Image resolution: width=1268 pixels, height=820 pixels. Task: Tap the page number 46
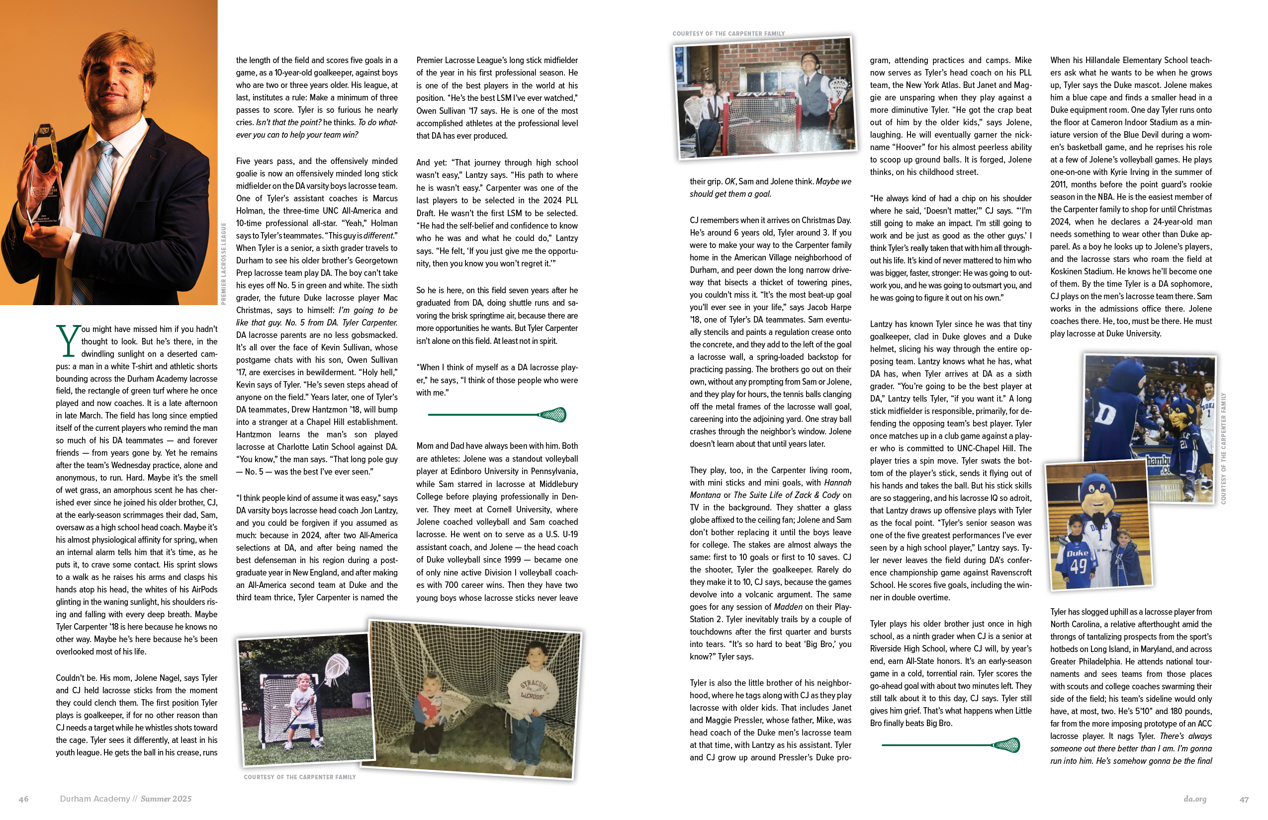click(23, 799)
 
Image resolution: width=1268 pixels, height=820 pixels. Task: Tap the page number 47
click(1244, 799)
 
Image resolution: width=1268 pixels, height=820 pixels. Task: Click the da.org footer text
click(1195, 799)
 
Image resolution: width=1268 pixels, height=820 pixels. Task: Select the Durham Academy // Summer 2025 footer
click(126, 799)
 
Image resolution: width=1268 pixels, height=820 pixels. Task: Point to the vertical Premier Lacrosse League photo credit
click(224, 263)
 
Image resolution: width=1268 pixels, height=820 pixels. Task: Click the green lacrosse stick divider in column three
click(497, 414)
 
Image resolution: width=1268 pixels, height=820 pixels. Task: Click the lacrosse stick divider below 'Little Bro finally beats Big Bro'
click(950, 745)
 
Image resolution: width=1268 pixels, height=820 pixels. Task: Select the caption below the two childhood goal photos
click(299, 777)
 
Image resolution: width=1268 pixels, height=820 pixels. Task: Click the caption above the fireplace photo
click(728, 34)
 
